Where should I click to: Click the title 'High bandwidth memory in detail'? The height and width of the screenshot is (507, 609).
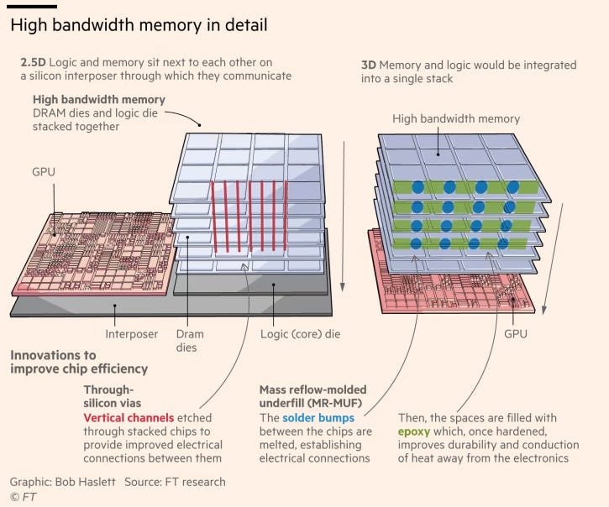pos(139,25)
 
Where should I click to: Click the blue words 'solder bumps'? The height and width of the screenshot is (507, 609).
pos(318,417)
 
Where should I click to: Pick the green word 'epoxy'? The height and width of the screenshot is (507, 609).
pos(415,431)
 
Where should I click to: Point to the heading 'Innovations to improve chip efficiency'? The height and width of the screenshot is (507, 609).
pos(79,362)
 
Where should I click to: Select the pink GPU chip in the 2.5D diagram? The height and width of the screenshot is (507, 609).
pos(92,252)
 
